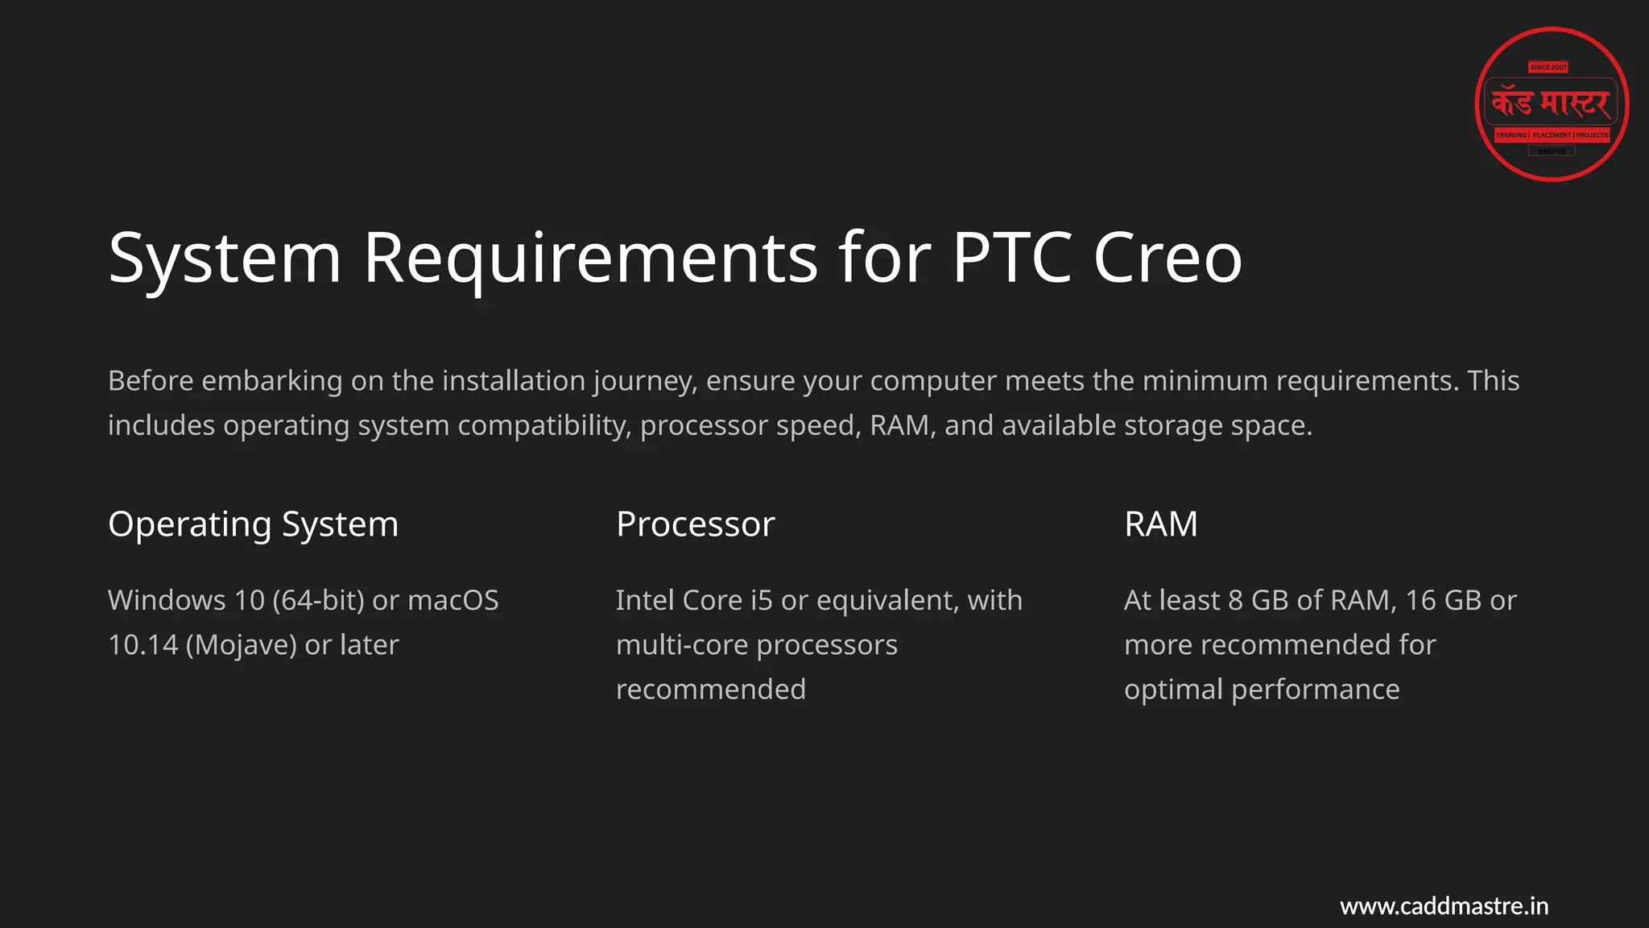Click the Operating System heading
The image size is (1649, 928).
253,524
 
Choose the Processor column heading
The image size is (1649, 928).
695,524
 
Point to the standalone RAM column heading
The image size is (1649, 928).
1160,524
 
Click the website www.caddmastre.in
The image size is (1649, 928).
1444,906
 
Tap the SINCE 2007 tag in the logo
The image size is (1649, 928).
1548,68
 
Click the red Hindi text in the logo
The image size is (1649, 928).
1551,103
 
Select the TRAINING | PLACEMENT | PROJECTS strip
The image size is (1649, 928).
1552,135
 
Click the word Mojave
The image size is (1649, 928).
241,644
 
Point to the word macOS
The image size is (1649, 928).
453,600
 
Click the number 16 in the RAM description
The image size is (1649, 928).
1420,600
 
